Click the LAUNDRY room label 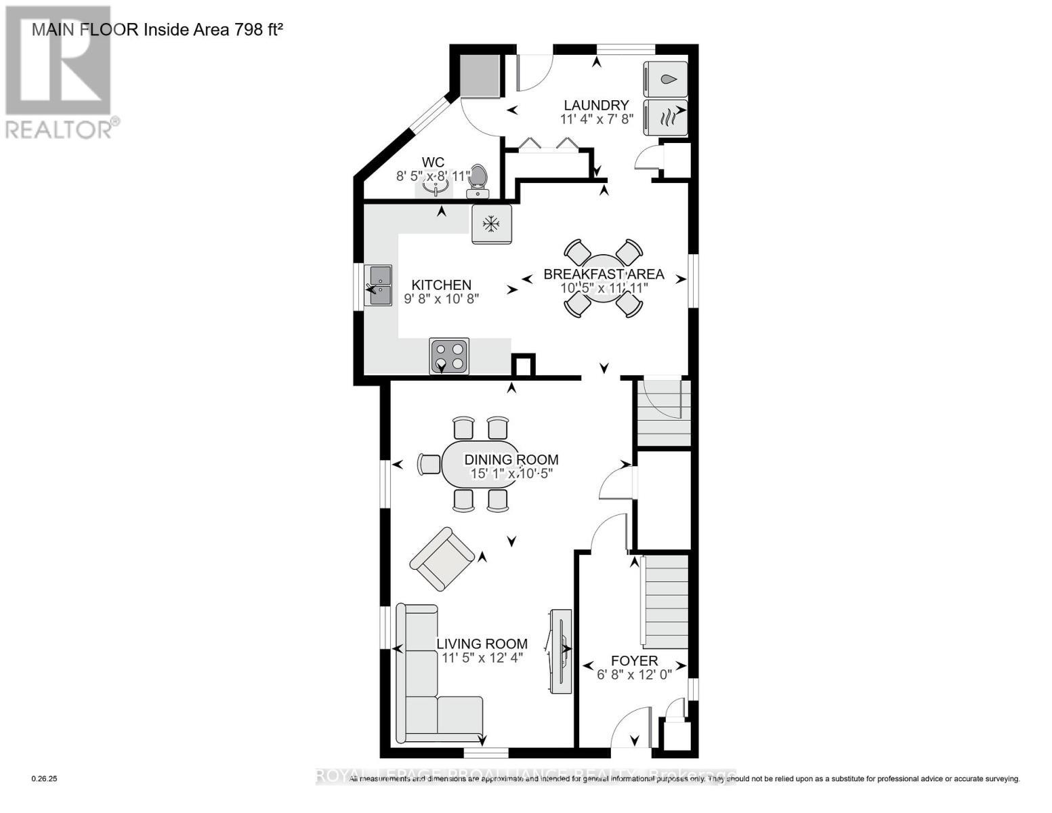tap(596, 105)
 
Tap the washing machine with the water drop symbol tap(665, 79)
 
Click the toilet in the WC tap(479, 177)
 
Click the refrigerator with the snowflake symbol tap(491, 224)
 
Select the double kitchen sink tap(378, 285)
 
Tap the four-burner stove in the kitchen tap(449, 356)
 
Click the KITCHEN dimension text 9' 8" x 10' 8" tap(442, 298)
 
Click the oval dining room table tap(480, 464)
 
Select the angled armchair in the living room tap(442, 559)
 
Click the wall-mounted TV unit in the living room tap(560, 650)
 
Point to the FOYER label tap(634, 661)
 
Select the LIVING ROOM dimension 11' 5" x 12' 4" tap(482, 657)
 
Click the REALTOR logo tap(59, 71)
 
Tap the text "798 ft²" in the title tap(258, 29)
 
